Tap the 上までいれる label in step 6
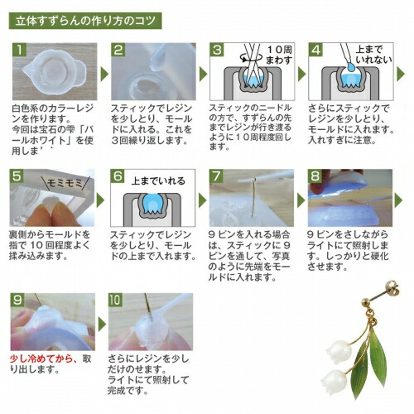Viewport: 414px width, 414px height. click(x=156, y=180)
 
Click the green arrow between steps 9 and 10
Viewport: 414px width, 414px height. click(x=104, y=324)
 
